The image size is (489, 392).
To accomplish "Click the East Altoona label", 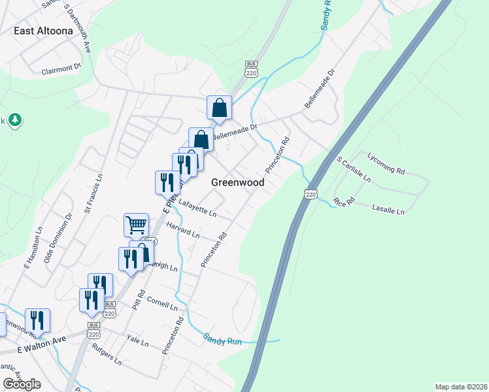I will (42, 31).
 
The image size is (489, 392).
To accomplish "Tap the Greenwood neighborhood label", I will (238, 183).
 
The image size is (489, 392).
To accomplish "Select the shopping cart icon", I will (136, 225).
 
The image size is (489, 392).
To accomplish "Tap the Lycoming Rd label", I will (386, 163).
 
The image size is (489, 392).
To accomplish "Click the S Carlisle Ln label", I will (354, 169).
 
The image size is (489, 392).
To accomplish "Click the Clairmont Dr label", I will (61, 69).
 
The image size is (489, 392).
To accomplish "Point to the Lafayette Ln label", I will (197, 209).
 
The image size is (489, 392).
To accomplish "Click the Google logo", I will (22, 384).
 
